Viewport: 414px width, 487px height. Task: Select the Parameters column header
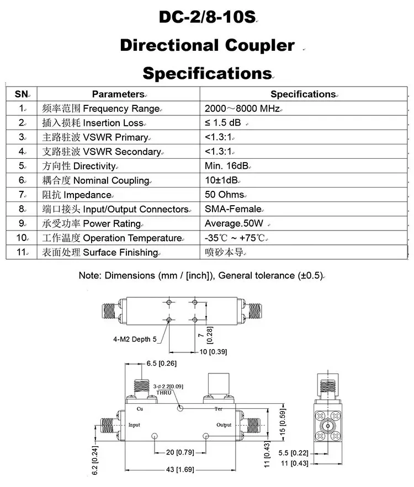[118, 94]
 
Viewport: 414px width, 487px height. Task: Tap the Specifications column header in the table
[303, 94]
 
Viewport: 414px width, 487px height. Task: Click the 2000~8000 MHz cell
[242, 109]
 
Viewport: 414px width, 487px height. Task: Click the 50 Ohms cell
[224, 195]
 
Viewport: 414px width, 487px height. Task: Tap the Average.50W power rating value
[234, 223]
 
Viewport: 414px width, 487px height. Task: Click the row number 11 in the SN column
[22, 253]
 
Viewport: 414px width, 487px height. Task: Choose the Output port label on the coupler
[224, 425]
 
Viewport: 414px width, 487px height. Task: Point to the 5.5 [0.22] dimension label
[293, 453]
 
